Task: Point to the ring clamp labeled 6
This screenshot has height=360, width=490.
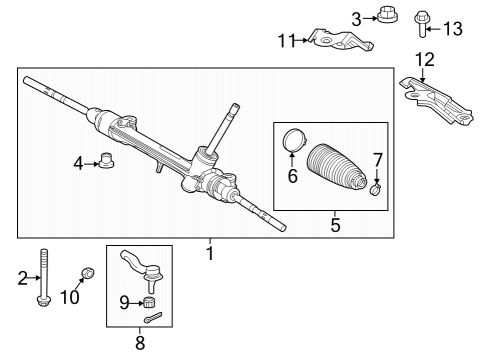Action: [293, 140]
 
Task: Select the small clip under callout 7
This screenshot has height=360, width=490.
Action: [376, 188]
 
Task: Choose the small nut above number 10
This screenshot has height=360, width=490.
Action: [87, 273]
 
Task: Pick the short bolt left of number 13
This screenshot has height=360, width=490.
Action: [423, 21]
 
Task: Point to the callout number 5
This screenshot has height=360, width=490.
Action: [335, 225]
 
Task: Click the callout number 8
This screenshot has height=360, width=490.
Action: [139, 343]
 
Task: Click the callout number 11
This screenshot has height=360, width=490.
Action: [286, 41]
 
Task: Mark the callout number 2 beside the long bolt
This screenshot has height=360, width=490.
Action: [22, 280]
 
